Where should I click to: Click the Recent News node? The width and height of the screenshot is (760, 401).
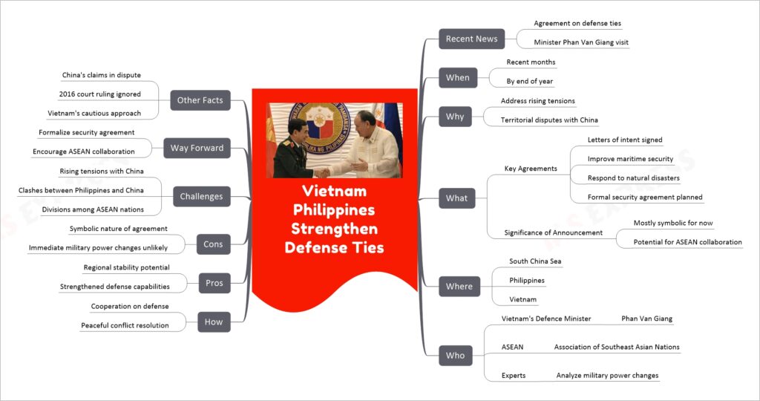click(471, 39)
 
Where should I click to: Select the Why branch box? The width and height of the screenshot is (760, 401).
click(455, 117)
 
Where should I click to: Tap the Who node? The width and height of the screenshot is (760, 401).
click(456, 356)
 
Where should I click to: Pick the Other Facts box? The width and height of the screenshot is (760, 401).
click(200, 100)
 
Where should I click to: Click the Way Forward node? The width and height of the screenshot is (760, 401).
click(197, 148)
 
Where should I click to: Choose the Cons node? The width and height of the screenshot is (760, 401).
click(213, 244)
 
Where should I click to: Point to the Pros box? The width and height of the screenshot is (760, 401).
click(214, 283)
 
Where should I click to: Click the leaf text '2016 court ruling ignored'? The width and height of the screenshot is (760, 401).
click(100, 94)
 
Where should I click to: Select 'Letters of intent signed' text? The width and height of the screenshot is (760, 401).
click(625, 140)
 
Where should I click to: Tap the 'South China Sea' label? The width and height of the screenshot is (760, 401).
click(535, 261)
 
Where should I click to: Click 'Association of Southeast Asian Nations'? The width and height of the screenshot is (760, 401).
click(617, 347)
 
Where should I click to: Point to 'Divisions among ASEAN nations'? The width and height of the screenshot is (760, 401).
click(93, 209)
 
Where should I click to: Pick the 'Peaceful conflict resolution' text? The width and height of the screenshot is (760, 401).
click(125, 325)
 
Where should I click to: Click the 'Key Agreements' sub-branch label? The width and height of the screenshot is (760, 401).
click(531, 169)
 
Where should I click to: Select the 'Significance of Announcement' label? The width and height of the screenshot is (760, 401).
click(554, 232)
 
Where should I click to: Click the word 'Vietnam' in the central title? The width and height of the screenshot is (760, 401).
click(335, 191)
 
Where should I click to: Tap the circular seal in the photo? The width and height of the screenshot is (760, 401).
click(319, 127)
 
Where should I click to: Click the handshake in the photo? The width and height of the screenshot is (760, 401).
click(323, 172)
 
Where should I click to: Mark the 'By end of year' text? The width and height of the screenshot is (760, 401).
click(530, 82)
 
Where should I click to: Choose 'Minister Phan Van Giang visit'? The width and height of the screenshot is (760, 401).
click(581, 42)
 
